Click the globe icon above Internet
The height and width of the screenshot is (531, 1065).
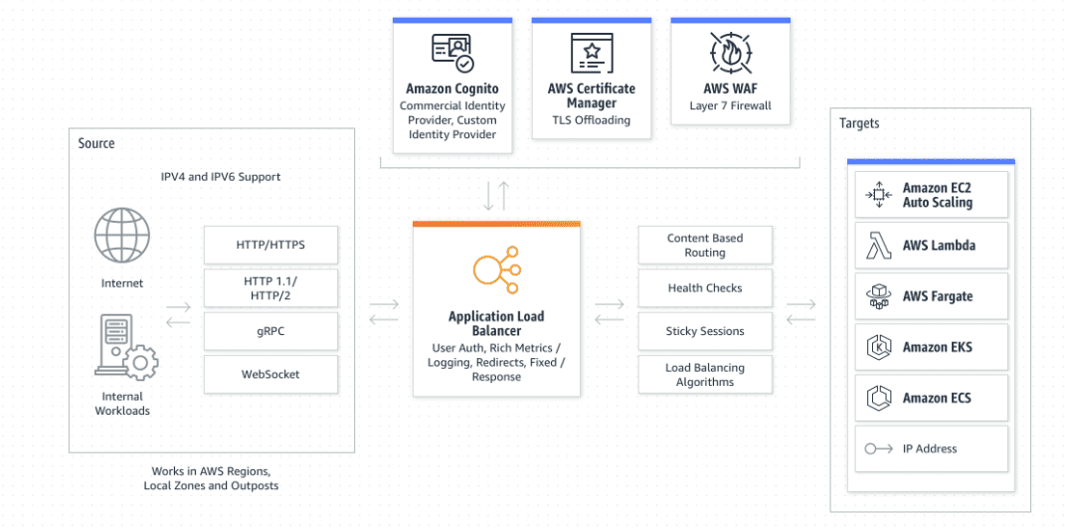(121, 236)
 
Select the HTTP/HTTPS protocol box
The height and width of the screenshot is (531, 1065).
(270, 244)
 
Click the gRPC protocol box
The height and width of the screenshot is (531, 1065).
(270, 331)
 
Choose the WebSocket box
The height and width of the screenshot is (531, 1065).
(270, 374)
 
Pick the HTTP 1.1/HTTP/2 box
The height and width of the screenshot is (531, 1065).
(270, 288)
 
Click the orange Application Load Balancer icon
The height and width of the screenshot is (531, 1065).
(495, 269)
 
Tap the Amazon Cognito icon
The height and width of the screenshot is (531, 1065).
(452, 53)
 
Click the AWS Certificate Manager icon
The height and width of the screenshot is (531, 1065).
(591, 53)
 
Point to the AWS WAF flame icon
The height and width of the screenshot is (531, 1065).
(730, 53)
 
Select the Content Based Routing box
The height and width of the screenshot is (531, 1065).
(704, 246)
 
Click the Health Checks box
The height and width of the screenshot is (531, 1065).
(704, 288)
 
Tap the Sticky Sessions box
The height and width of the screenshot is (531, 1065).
(704, 331)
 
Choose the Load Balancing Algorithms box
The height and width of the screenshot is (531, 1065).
(704, 375)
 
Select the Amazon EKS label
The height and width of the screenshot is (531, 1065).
(937, 347)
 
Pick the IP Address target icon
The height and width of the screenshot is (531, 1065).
(878, 449)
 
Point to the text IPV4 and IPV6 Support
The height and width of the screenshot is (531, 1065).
(221, 177)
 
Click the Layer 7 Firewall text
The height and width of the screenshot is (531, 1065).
(730, 106)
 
